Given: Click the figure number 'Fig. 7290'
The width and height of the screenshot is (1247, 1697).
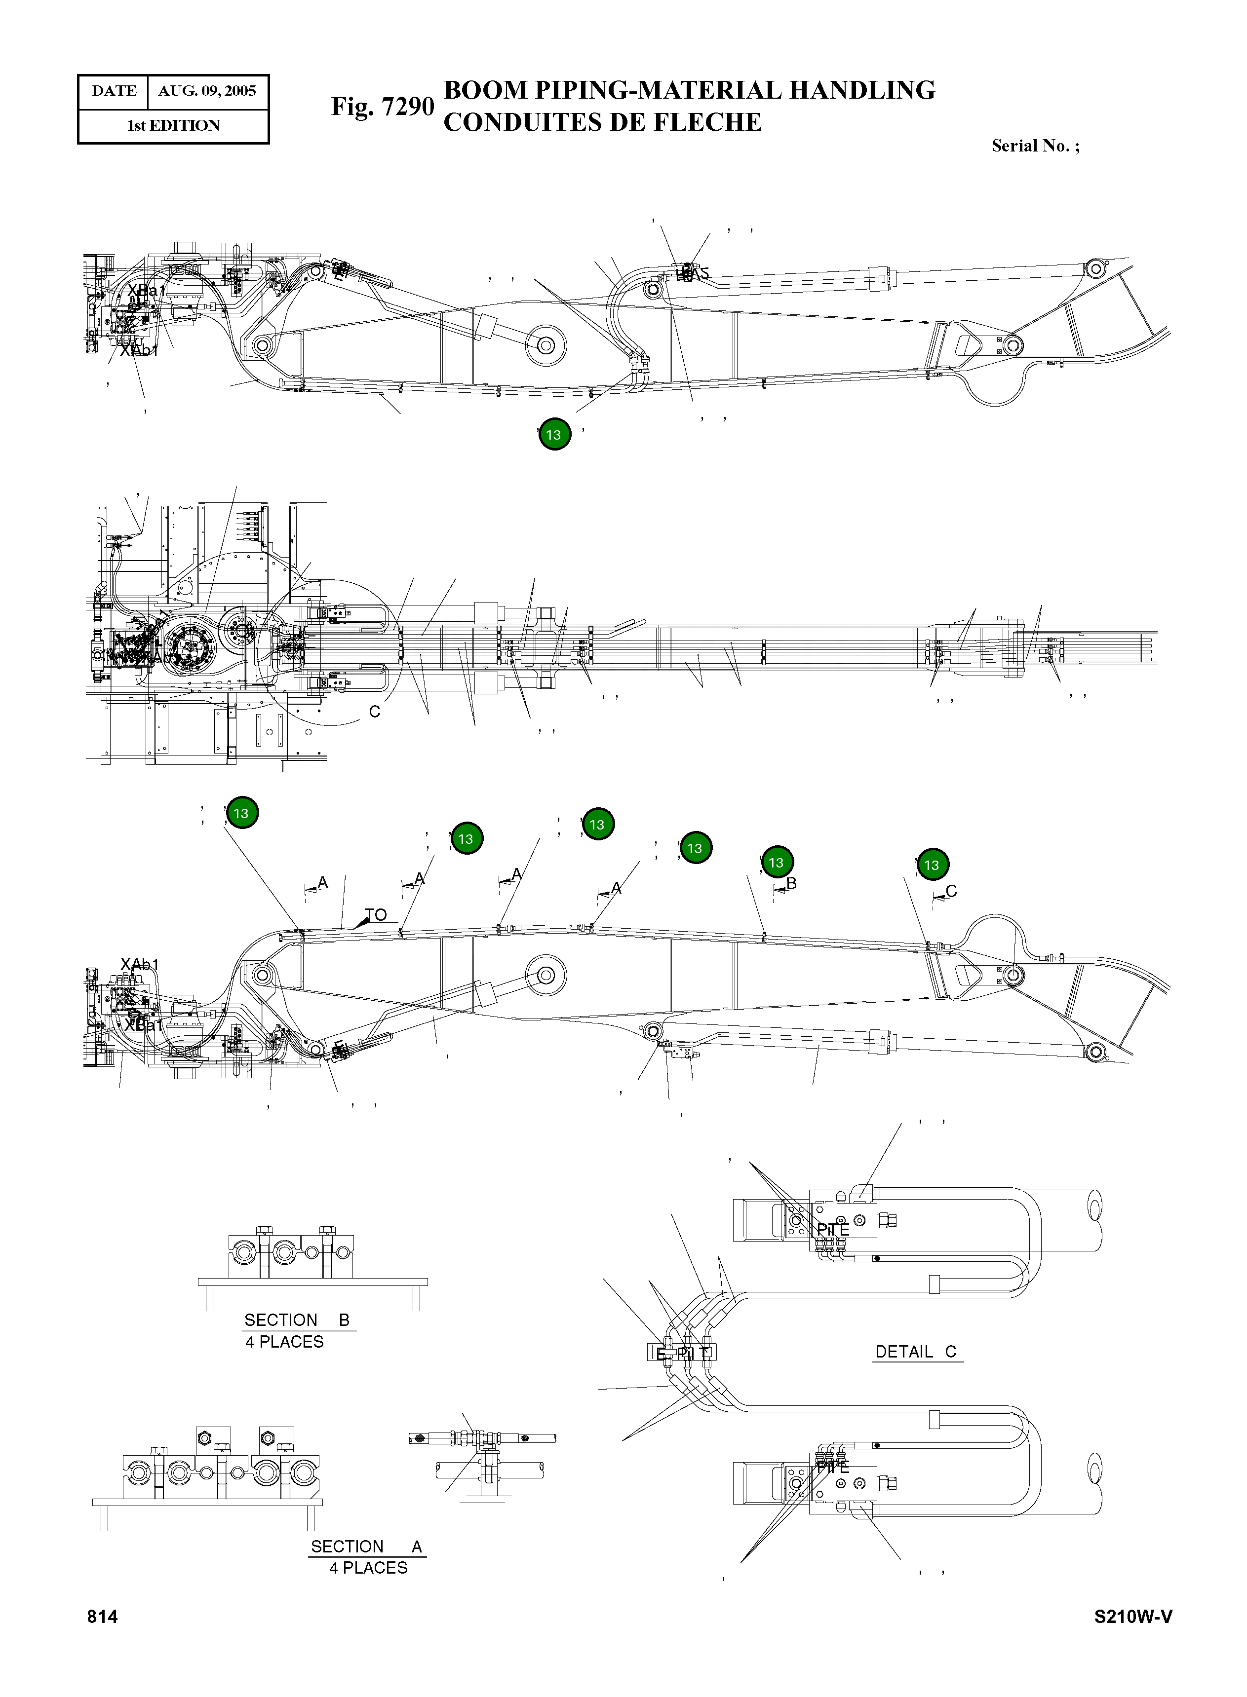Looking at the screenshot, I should click(x=382, y=107).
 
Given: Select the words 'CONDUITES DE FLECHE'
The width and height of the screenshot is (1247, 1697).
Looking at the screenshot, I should click(x=602, y=122).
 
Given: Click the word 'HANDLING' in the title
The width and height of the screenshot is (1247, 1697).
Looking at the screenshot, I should click(x=861, y=90).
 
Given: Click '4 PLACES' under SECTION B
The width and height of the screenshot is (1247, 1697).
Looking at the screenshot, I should click(x=284, y=1342).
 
